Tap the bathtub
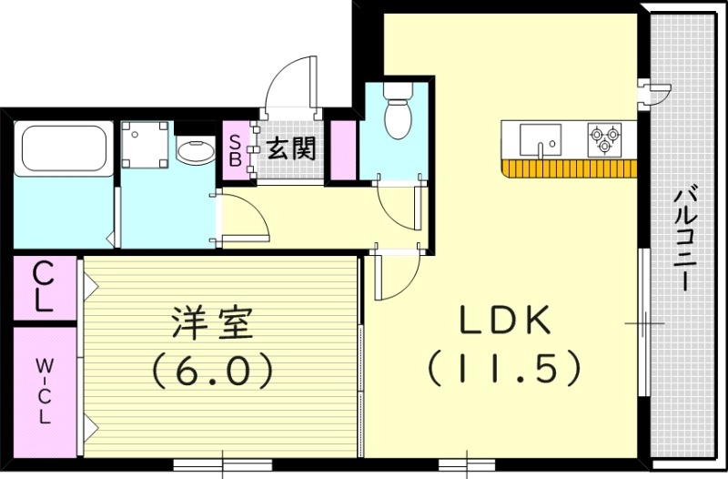[x=63, y=147]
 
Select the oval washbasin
[x=192, y=151]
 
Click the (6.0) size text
[x=211, y=369]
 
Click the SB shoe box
[x=234, y=148]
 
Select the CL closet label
[x=42, y=286]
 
